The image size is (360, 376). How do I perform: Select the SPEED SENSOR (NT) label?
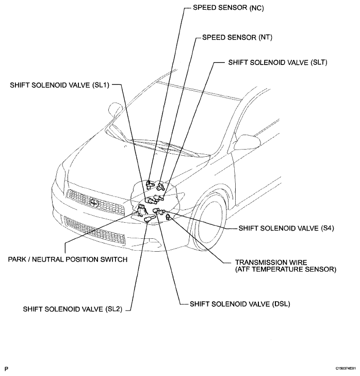tap(237, 37)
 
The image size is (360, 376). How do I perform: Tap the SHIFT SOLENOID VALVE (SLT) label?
tap(278, 62)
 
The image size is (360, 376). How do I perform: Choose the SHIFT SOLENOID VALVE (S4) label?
tap(286, 227)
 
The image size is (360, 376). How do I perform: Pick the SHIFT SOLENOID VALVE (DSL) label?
tap(240, 304)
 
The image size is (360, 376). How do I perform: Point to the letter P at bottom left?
tap(6, 369)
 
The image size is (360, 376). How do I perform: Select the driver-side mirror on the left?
tap(114, 110)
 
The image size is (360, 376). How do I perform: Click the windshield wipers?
tap(165, 149)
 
